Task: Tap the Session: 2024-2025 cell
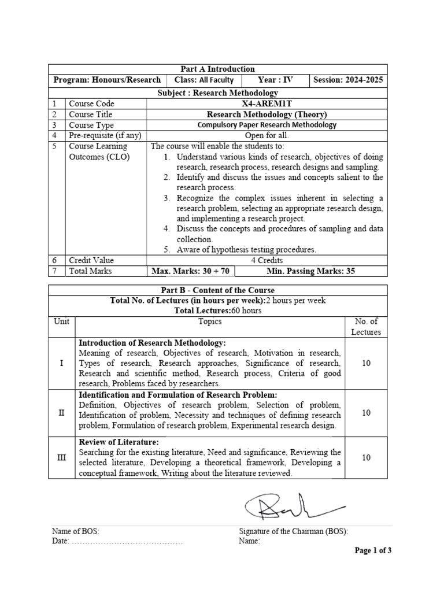coord(347,80)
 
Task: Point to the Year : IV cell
coord(276,80)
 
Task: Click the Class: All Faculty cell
coord(203,80)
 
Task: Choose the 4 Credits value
coord(267,260)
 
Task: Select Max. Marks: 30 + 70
coord(189,271)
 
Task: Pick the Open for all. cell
coord(267,135)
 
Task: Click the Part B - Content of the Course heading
coord(217,290)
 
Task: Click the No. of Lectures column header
coord(366,327)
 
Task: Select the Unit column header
coord(61,321)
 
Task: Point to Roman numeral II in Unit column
coord(61,413)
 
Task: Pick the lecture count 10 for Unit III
coord(366,457)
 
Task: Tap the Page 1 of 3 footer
coord(373,550)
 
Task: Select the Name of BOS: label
coord(72,531)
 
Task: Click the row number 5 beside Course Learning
coord(54,146)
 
